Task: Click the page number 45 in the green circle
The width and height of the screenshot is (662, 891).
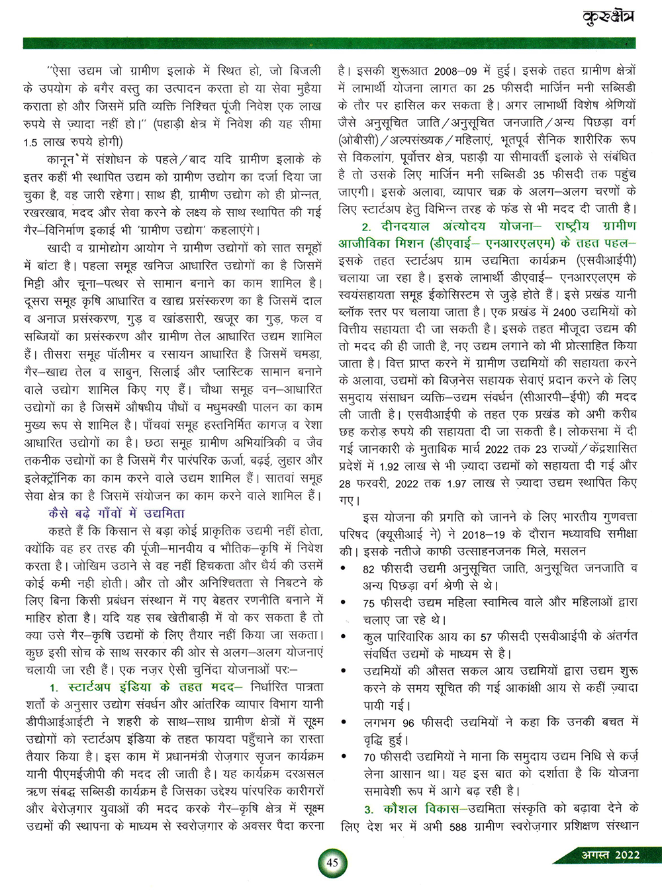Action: (x=332, y=862)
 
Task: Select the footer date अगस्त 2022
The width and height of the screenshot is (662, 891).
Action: (x=610, y=855)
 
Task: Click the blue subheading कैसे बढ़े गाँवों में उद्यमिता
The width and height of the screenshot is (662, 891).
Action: (x=117, y=514)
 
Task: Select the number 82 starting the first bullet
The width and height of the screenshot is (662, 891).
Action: (x=369, y=569)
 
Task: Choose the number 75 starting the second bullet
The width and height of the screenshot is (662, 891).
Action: (x=369, y=603)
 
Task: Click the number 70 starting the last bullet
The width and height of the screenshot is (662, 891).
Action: (x=369, y=757)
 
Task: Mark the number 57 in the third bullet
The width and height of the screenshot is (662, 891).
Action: (x=487, y=637)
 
